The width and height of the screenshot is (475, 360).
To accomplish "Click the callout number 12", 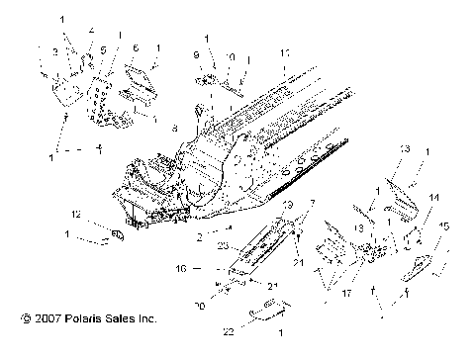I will click(x=75, y=214).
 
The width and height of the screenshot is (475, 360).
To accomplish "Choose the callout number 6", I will click(x=136, y=47).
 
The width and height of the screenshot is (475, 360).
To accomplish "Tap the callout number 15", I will click(x=444, y=225).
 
